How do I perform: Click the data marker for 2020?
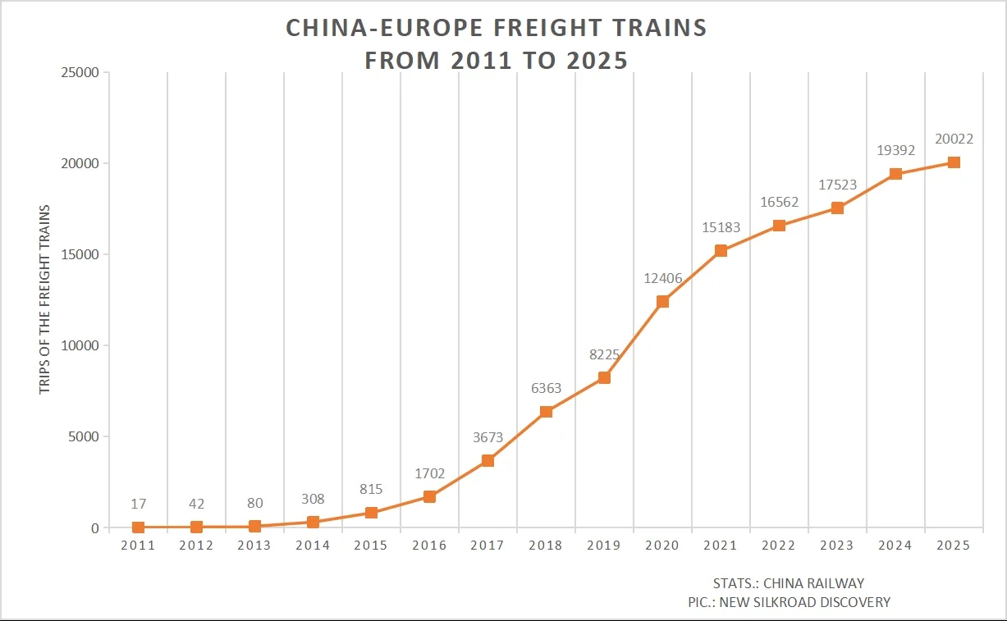[x=662, y=302]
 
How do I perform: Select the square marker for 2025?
[x=954, y=162]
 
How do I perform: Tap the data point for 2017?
[x=487, y=460]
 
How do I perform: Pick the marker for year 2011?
[x=138, y=527]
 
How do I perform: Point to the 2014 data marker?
[x=313, y=522]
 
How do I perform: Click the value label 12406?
[x=662, y=279]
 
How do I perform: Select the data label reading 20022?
[x=954, y=139]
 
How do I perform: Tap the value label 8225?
[x=604, y=355]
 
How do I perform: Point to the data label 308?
[x=313, y=499]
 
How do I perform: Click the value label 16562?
[x=779, y=203]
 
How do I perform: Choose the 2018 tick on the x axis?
[x=546, y=546]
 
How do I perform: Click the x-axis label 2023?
[x=837, y=546]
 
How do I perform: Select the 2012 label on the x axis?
[x=196, y=546]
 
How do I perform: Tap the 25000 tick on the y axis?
[x=80, y=72]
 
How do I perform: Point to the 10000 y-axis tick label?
[x=80, y=345]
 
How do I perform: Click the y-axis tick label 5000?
[x=84, y=436]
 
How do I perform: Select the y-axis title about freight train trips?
[x=45, y=299]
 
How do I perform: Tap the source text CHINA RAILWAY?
[x=813, y=584]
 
